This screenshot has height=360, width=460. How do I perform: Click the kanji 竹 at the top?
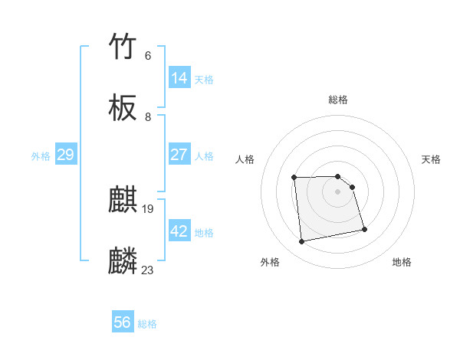[123, 46]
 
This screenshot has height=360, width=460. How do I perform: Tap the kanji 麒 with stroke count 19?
[123, 200]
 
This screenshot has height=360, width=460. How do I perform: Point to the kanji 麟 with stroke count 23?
[123, 261]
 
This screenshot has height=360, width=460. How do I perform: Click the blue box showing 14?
[179, 78]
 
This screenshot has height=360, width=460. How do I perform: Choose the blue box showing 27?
[179, 155]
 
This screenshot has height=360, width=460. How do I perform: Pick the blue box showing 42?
[179, 231]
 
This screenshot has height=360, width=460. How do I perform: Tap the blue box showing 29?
[65, 155]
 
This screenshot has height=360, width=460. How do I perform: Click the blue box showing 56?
[123, 322]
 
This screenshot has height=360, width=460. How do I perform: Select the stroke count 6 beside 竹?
[148, 55]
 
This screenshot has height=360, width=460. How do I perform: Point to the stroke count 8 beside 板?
[148, 117]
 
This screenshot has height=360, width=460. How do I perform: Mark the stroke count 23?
[148, 270]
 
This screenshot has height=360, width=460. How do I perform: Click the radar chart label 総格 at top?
[338, 100]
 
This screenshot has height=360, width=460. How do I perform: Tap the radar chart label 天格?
[431, 159]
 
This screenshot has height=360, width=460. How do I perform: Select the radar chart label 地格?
[402, 262]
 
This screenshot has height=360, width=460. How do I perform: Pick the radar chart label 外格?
[270, 262]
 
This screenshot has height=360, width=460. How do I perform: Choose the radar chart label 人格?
[245, 159]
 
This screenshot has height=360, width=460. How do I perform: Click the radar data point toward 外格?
[302, 242]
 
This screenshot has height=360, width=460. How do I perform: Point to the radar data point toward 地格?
[364, 229]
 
